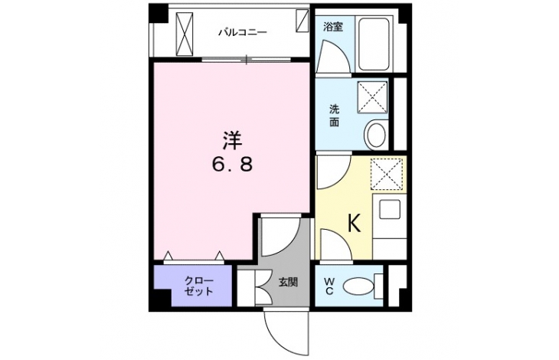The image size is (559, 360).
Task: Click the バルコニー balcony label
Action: point(243,33)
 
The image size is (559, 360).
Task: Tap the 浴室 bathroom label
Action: point(333,27)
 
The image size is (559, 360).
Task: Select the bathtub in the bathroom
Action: point(373,44)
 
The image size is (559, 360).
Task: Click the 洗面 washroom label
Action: point(334,115)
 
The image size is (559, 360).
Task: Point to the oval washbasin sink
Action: point(377,135)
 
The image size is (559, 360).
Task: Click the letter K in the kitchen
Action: point(354,224)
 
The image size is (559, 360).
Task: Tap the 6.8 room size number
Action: point(233,165)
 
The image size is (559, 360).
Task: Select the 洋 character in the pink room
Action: point(233,140)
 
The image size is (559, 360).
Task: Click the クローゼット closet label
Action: point(199,286)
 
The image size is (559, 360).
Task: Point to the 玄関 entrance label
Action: point(288,283)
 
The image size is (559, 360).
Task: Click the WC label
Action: point(329,286)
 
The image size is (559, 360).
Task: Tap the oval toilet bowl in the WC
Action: point(358,286)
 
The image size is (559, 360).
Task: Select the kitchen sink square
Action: point(389,209)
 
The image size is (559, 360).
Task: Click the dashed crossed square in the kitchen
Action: point(387,175)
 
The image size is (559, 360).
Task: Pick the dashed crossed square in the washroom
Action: point(372,97)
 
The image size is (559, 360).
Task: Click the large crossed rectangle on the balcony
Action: point(185,34)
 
